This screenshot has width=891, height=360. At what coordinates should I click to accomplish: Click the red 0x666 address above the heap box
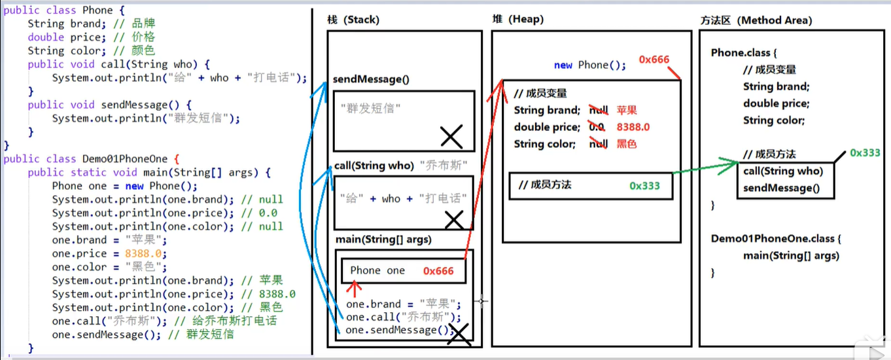click(x=654, y=60)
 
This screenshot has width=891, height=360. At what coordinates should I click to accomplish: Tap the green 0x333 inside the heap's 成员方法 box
click(x=644, y=186)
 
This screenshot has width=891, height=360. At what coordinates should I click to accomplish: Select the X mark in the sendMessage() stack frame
click(x=451, y=137)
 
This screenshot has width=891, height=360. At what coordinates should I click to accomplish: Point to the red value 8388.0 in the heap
click(x=633, y=127)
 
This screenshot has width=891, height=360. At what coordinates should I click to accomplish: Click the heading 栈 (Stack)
click(x=353, y=20)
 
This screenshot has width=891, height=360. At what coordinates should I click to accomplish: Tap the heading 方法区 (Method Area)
click(x=756, y=20)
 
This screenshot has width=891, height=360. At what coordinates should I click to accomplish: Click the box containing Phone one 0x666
click(x=403, y=270)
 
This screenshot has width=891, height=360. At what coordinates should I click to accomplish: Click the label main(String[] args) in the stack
click(x=383, y=240)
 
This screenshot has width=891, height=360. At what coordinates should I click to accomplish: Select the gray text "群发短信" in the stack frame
click(x=370, y=109)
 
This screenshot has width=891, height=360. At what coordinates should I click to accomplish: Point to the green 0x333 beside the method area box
click(x=865, y=153)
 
